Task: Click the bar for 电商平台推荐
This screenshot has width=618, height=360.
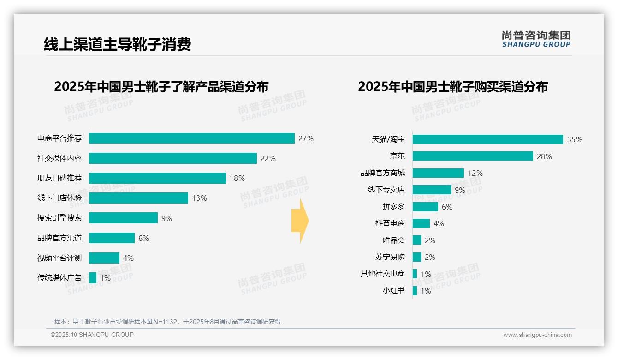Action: pyautogui.click(x=191, y=138)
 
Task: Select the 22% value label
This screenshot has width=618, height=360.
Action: pyautogui.click(x=268, y=158)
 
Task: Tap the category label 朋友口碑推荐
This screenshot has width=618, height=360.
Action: pyautogui.click(x=59, y=178)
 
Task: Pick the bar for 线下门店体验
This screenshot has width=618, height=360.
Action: pyautogui.click(x=138, y=198)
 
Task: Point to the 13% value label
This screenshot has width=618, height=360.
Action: pyautogui.click(x=199, y=198)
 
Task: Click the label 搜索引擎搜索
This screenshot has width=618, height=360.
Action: pyautogui.click(x=59, y=218)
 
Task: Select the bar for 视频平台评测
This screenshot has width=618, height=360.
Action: pyautogui.click(x=104, y=258)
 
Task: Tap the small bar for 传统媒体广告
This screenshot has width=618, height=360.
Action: pyautogui.click(x=93, y=278)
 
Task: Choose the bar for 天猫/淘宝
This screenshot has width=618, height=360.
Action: pyautogui.click(x=487, y=139)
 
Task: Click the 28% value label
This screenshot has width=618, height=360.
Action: pyautogui.click(x=544, y=156)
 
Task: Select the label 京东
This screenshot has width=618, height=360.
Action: pyautogui.click(x=397, y=156)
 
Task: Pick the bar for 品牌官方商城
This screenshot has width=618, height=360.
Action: pyautogui.click(x=438, y=173)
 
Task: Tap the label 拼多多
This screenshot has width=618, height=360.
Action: pyautogui.click(x=393, y=207)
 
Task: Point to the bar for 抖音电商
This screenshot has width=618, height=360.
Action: pyautogui.click(x=421, y=223)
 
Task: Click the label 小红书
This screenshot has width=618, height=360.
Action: pyautogui.click(x=393, y=291)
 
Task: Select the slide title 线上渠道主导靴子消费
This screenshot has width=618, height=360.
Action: pyautogui.click(x=118, y=45)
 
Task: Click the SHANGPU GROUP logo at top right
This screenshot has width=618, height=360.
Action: pyautogui.click(x=536, y=39)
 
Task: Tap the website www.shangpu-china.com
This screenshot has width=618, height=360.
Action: pyautogui.click(x=537, y=335)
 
